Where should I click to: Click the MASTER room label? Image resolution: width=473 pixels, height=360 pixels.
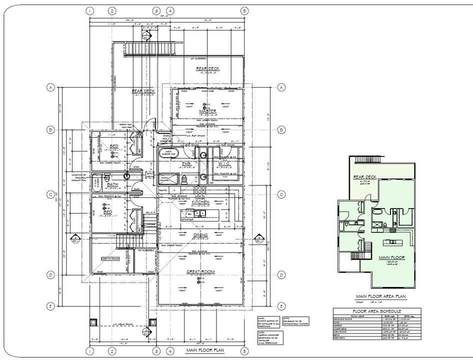(x=207, y=110)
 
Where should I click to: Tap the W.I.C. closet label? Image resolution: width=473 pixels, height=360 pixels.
(x=223, y=163)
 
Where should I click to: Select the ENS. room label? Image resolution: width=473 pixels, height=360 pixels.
(x=186, y=163)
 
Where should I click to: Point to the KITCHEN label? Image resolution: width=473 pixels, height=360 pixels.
(x=207, y=202)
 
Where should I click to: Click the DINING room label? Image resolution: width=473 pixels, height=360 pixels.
(x=200, y=235)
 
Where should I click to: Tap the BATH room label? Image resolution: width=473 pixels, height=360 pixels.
(x=113, y=184)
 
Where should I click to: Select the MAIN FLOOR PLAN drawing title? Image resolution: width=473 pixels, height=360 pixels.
(x=205, y=350)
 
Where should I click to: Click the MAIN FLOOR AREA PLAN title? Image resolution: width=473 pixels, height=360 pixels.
(x=381, y=296)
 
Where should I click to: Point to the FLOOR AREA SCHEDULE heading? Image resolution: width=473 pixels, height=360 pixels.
(x=377, y=311)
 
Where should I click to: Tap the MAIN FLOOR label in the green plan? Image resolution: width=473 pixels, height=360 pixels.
(x=391, y=258)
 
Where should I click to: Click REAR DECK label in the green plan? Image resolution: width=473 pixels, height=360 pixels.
(x=365, y=177)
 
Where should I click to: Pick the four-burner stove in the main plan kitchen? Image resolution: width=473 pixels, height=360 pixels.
(x=200, y=190)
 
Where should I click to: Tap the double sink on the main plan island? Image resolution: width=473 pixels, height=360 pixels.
(x=200, y=213)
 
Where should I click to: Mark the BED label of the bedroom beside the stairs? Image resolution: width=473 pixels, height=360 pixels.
(x=107, y=212)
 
